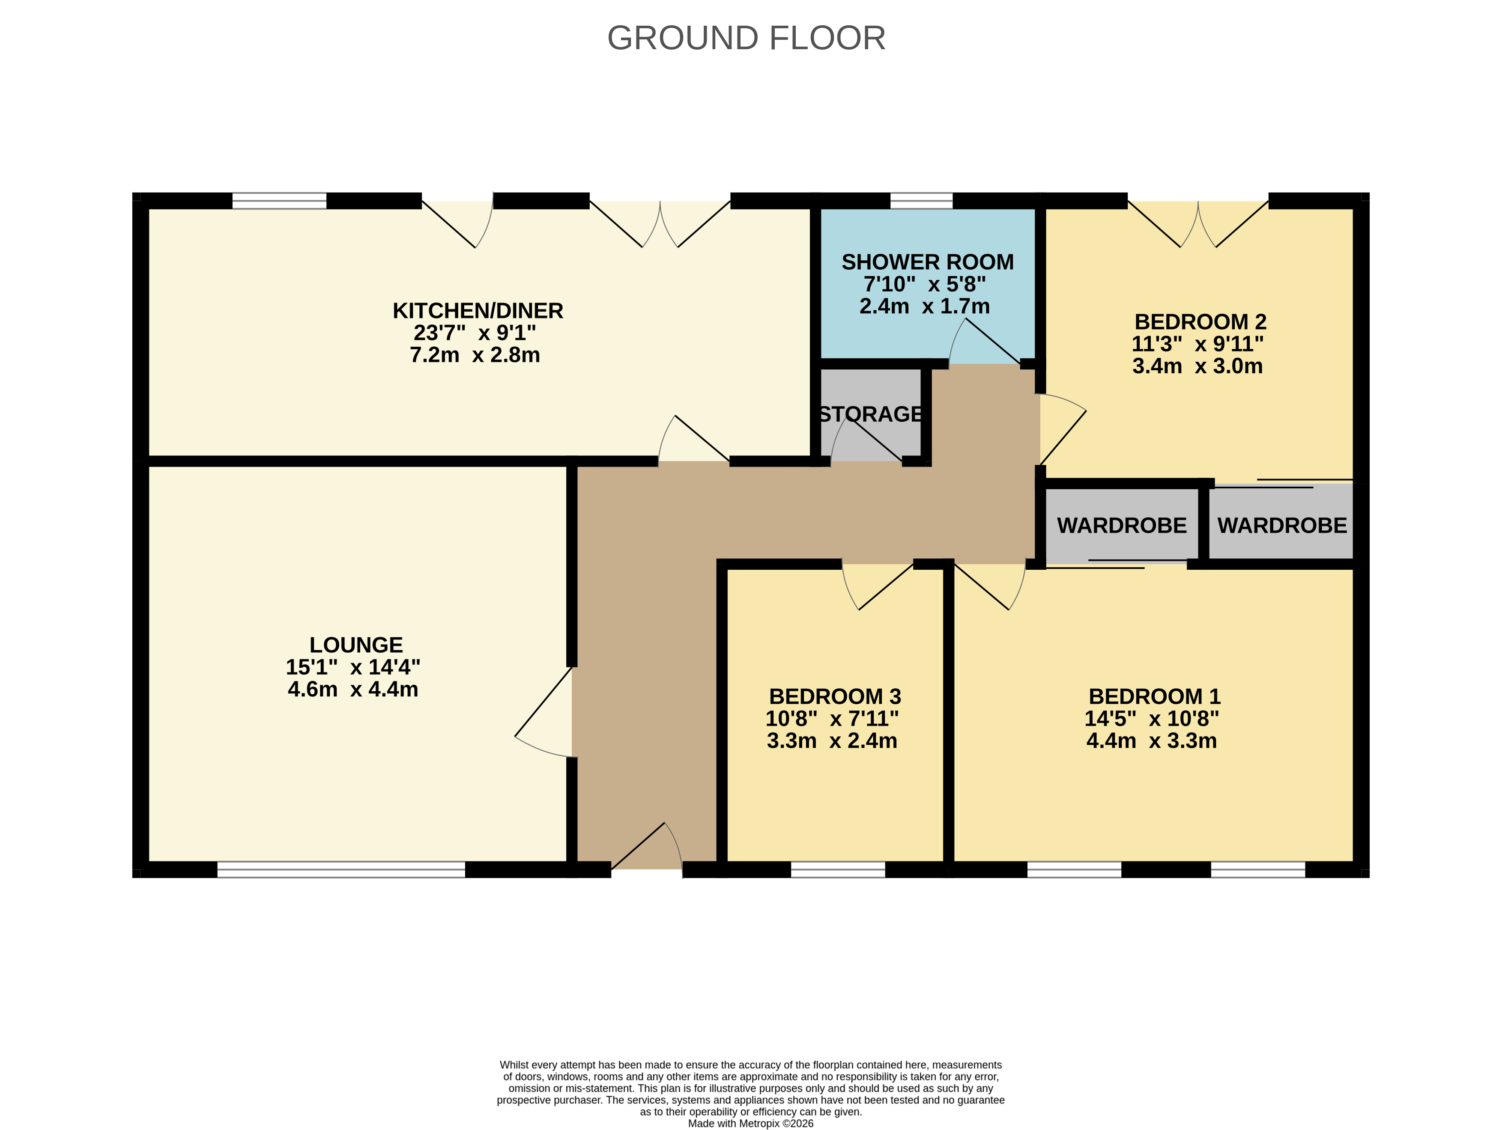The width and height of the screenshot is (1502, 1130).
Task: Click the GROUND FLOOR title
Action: (746, 38)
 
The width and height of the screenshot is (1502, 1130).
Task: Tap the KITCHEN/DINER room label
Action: (478, 311)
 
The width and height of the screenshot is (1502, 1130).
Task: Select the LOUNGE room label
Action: (356, 645)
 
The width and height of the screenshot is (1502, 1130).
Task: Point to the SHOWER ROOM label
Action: (928, 262)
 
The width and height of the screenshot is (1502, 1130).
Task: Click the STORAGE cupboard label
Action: (871, 414)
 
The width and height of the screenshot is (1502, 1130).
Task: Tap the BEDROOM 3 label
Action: (835, 696)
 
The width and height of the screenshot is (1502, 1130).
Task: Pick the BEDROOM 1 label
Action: (1154, 696)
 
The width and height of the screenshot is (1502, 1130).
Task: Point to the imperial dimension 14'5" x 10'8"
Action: (1152, 718)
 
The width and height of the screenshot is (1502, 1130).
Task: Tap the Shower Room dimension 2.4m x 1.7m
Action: (925, 306)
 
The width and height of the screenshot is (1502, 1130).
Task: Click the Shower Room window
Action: (921, 201)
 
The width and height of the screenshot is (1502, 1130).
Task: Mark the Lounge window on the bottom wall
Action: (341, 869)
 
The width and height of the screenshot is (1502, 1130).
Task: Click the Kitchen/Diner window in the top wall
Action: (279, 201)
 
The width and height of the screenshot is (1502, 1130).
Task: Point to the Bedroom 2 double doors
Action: (1198, 224)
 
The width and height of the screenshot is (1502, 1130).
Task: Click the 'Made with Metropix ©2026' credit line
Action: (750, 1123)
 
